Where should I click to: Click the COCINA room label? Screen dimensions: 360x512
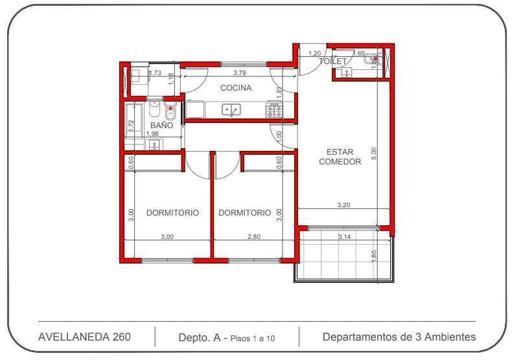(x=235, y=88)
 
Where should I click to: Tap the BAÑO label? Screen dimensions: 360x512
(x=161, y=125)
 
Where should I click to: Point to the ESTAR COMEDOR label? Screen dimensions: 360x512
(x=340, y=157)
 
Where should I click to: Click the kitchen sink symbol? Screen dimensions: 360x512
(x=231, y=109)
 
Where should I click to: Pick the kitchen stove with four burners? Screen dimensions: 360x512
(x=273, y=109)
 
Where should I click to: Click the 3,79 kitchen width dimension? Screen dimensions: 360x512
(x=240, y=73)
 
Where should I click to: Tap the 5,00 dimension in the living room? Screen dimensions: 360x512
(x=373, y=153)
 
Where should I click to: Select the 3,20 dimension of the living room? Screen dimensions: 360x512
(x=343, y=205)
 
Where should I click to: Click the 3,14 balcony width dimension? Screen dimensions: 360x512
(x=344, y=237)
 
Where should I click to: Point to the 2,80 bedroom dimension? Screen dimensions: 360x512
(x=253, y=237)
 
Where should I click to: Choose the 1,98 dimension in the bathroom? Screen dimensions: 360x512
(x=152, y=134)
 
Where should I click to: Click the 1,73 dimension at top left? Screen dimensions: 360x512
(x=155, y=73)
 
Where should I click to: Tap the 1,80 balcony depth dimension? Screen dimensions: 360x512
(x=373, y=255)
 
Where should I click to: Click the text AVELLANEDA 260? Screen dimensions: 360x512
(x=84, y=337)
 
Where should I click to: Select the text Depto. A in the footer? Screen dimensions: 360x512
(x=200, y=337)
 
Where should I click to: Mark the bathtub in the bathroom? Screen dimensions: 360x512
(x=131, y=120)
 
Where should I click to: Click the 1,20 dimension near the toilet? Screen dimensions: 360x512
(x=315, y=54)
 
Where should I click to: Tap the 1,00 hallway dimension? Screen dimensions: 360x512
(x=279, y=136)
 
